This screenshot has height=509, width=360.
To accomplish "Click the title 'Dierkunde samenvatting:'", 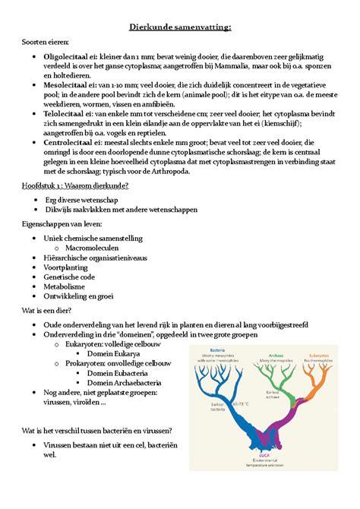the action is click(x=179, y=28).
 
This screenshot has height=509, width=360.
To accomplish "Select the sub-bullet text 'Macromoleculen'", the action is click(x=97, y=247).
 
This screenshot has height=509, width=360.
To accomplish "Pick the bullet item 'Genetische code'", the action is click(x=77, y=279).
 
